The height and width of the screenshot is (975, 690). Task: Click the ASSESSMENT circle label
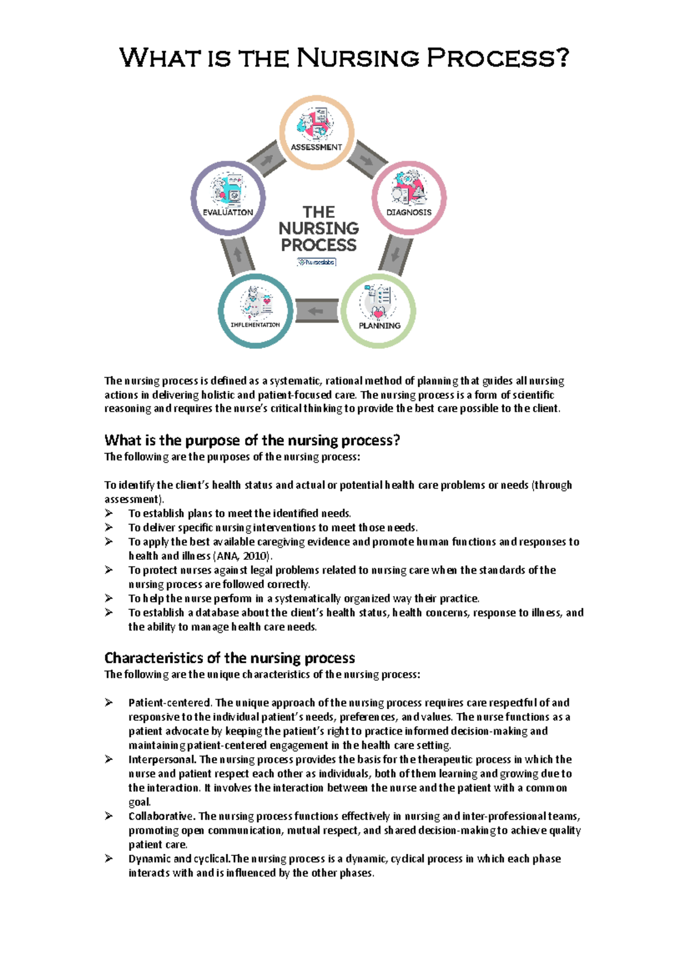click(316, 147)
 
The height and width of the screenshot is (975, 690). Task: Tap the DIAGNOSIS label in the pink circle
click(409, 212)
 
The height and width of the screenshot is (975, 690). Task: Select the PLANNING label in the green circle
click(379, 325)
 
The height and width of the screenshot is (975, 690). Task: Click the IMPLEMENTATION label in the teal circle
click(255, 325)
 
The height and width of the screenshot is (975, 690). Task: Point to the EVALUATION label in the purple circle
click(228, 212)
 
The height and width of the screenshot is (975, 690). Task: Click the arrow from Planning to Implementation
click(316, 311)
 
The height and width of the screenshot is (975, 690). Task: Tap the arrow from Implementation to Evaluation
click(238, 254)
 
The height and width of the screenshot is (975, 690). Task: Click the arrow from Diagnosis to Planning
click(396, 254)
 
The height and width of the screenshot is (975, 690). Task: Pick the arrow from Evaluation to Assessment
click(267, 160)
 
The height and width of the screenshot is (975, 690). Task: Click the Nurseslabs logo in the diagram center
click(316, 262)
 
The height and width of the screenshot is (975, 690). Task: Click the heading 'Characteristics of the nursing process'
click(229, 658)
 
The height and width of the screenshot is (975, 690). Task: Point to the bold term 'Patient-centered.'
click(171, 703)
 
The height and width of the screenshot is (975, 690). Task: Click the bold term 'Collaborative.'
click(162, 816)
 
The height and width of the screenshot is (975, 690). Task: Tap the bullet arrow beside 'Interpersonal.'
click(109, 759)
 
